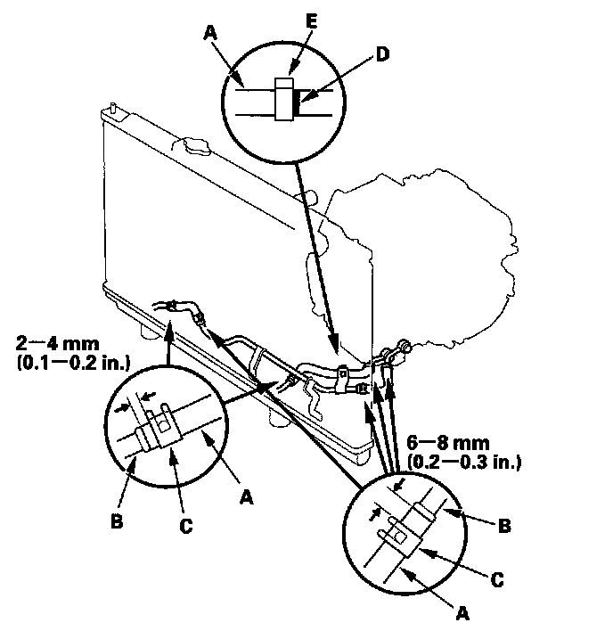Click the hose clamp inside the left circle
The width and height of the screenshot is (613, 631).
[157, 430]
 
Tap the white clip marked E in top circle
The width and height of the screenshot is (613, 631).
[284, 99]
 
